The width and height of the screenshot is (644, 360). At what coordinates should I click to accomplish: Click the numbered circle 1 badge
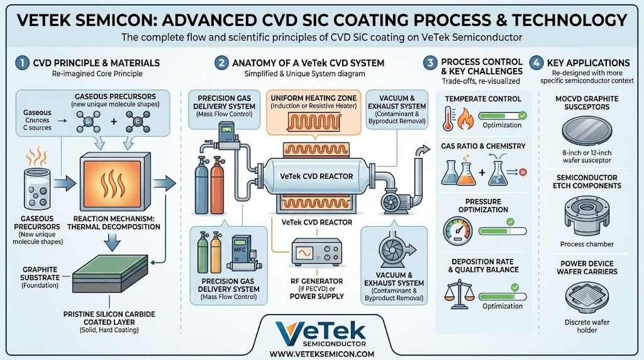22,63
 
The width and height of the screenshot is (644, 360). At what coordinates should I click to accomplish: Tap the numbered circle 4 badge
536,63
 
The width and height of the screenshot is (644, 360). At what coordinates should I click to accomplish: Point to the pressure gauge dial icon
458,231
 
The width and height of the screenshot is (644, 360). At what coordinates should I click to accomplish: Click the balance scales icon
459,294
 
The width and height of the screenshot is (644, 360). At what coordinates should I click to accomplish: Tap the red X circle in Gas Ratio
523,172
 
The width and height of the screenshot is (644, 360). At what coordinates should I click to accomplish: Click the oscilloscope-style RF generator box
317,252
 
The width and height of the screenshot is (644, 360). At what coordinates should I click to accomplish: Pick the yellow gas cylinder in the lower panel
216,253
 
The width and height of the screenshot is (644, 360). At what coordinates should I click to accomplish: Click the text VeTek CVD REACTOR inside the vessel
316,176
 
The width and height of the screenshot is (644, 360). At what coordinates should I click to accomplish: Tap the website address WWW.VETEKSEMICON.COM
322,354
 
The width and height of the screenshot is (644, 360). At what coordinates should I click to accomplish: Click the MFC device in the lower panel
241,253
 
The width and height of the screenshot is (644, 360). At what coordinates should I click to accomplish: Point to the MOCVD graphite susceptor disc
587,131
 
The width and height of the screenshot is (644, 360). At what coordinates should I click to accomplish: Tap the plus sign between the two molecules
114,121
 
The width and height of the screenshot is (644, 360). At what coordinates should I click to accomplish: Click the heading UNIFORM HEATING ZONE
313,98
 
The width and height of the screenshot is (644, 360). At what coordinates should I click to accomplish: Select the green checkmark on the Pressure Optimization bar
510,222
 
